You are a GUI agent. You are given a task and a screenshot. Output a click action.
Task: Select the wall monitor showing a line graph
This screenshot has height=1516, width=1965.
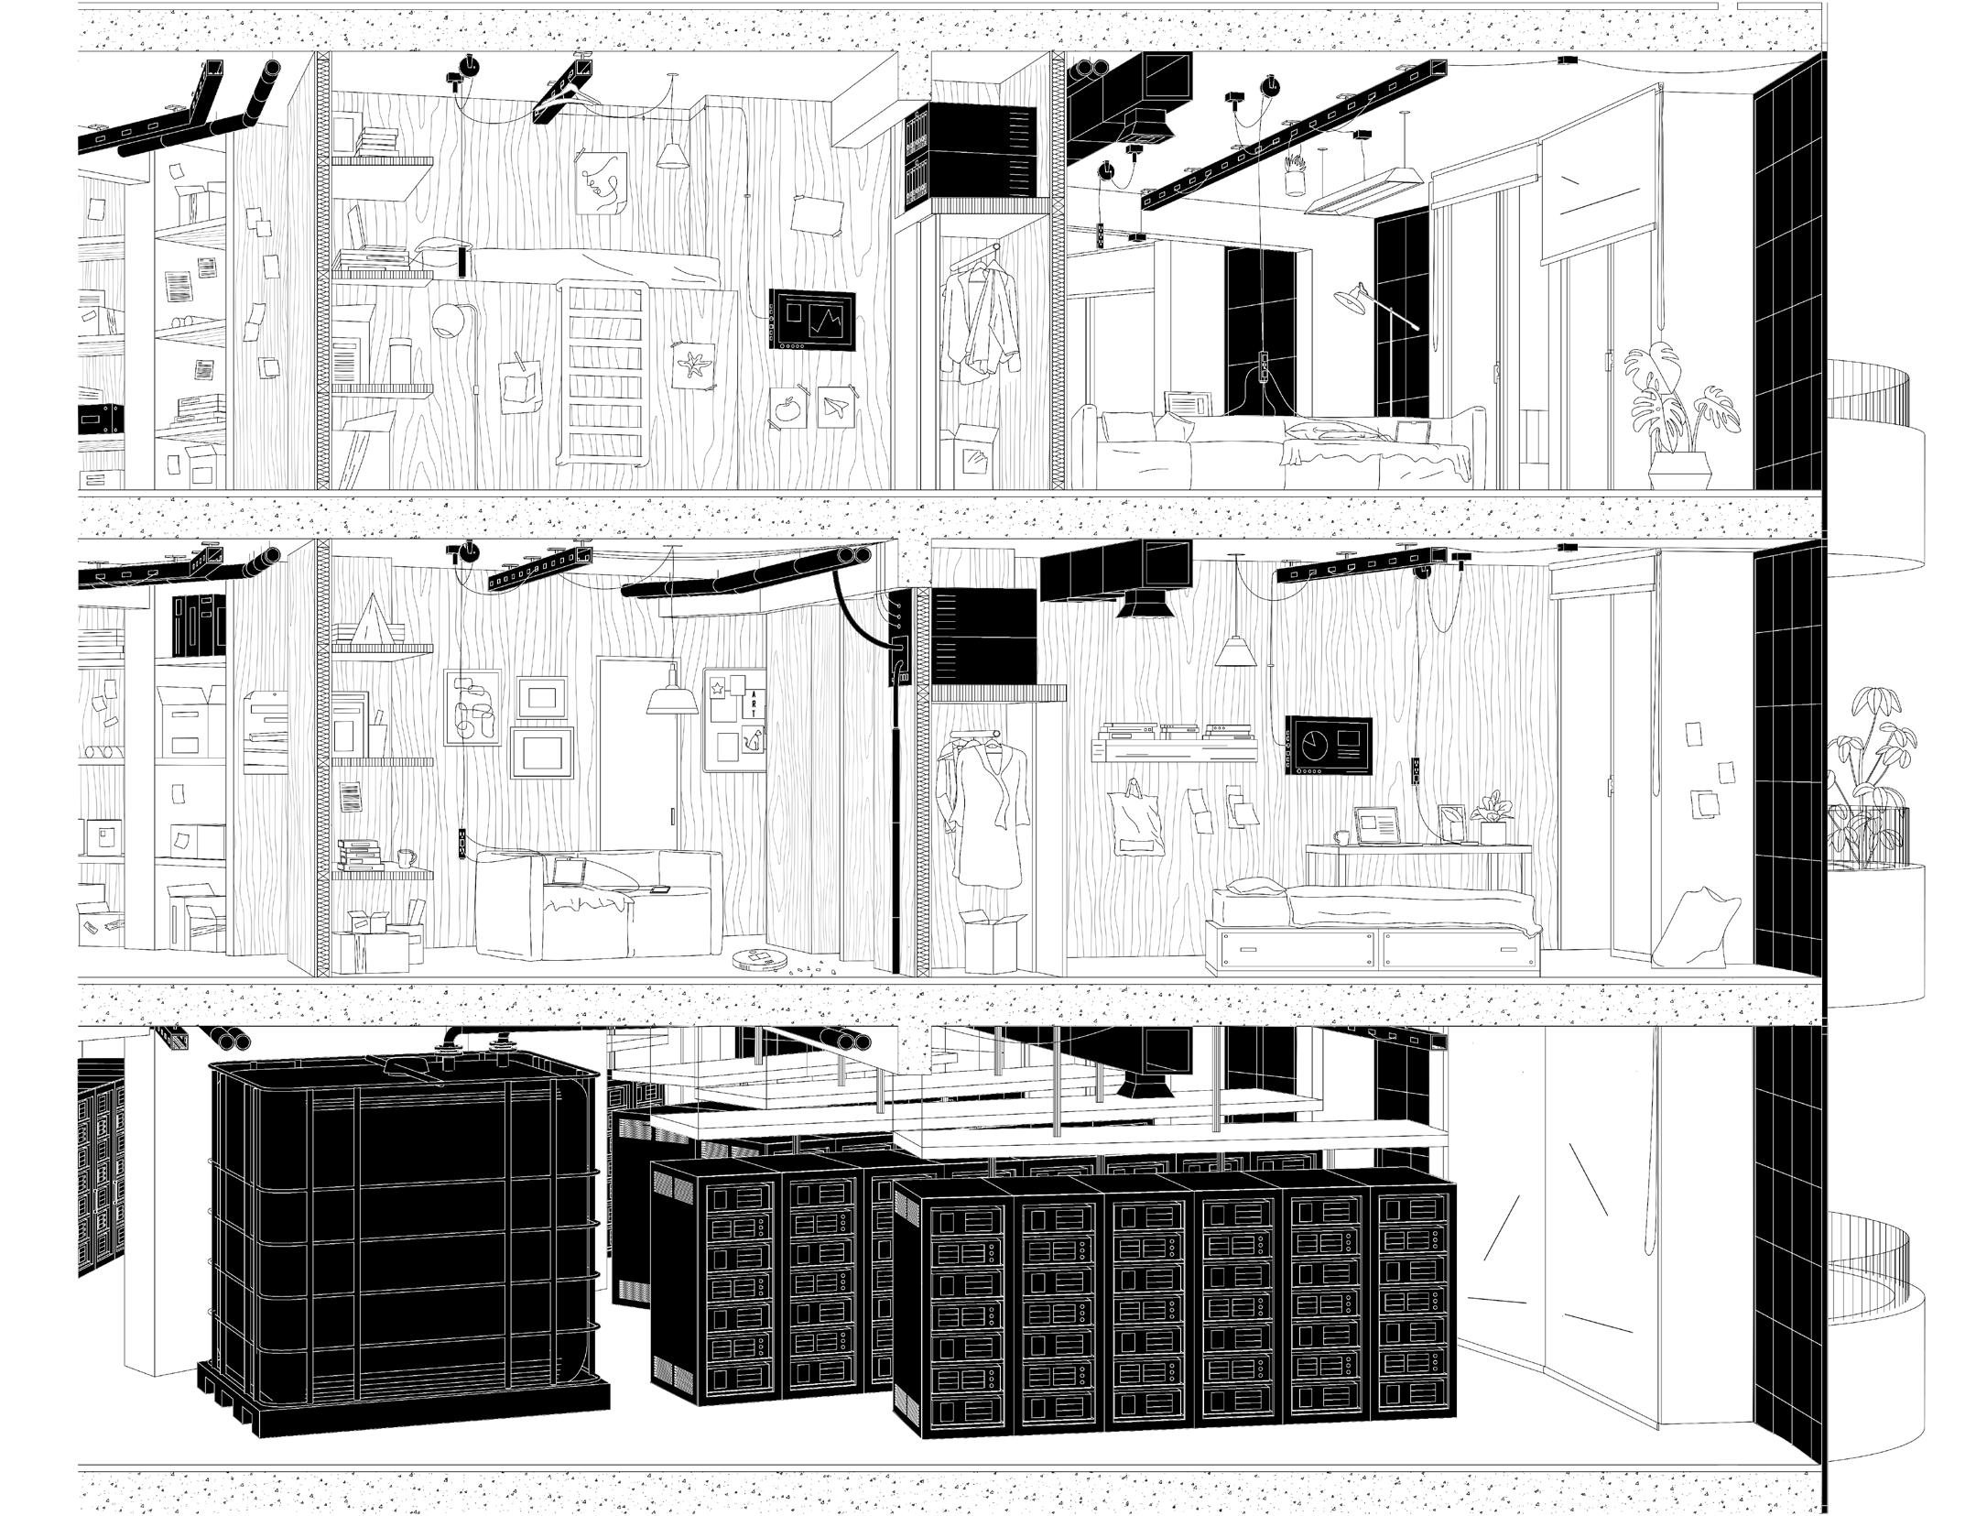[812, 320]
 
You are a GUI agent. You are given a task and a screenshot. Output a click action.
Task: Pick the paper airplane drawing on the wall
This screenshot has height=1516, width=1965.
[833, 406]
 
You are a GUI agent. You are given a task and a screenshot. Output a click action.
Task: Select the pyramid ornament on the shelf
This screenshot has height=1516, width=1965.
[370, 616]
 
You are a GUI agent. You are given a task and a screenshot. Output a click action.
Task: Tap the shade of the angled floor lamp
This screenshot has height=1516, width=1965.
[1349, 298]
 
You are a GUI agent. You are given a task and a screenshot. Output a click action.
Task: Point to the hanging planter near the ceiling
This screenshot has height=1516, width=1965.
[1294, 180]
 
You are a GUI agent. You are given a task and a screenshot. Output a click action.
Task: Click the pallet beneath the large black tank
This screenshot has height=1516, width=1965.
[403, 1411]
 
